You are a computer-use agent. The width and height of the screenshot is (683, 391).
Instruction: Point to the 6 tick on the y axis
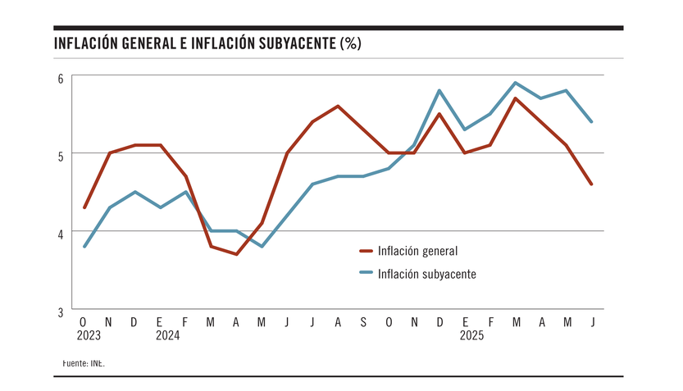60,79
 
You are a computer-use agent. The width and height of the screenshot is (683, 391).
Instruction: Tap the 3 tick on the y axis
60,312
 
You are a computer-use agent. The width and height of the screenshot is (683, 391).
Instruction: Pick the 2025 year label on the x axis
471,335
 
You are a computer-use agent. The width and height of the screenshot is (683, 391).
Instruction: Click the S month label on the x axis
363,322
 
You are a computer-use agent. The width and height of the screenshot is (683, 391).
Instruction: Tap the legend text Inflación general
417,251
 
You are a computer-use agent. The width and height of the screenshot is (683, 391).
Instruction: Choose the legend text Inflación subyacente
426,274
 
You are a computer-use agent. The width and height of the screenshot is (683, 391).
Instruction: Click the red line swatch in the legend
366,251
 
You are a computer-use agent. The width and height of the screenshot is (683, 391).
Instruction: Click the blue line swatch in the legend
366,274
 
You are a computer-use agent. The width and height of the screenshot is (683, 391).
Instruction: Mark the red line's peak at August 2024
338,106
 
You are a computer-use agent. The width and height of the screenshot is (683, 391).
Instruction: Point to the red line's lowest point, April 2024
236,254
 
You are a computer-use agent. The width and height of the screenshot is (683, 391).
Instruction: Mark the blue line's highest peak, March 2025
516,83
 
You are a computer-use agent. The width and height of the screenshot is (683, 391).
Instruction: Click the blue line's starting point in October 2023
84,246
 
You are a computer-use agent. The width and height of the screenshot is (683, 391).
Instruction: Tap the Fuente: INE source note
84,361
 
